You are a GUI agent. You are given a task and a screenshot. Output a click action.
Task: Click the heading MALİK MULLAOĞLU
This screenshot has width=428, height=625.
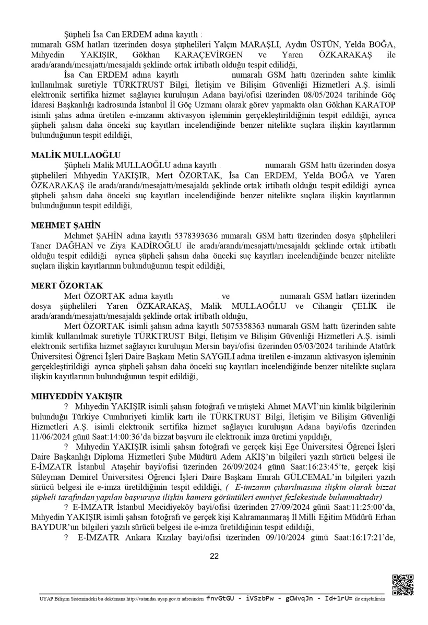point(76,154)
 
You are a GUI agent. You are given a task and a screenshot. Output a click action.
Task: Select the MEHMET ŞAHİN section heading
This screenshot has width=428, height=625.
point(65,225)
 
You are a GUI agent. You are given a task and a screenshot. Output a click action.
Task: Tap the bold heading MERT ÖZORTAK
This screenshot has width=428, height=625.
point(67,286)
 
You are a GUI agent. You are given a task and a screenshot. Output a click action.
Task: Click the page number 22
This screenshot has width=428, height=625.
point(214,556)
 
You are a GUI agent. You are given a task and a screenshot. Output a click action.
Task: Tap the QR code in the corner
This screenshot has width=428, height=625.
point(402,584)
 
